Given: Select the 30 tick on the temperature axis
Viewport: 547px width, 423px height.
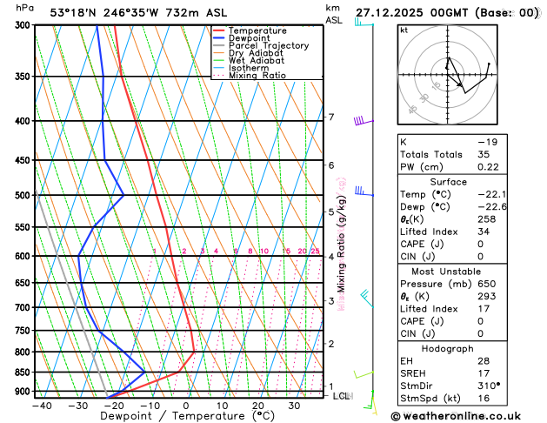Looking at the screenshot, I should pyautogui.click(x=295, y=406).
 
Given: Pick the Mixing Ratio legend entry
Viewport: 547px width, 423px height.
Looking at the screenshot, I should pyautogui.click(x=261, y=76).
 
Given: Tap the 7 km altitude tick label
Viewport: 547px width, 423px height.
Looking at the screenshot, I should pyautogui.click(x=331, y=117).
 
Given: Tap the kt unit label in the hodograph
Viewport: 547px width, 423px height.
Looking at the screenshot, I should pyautogui.click(x=404, y=30).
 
